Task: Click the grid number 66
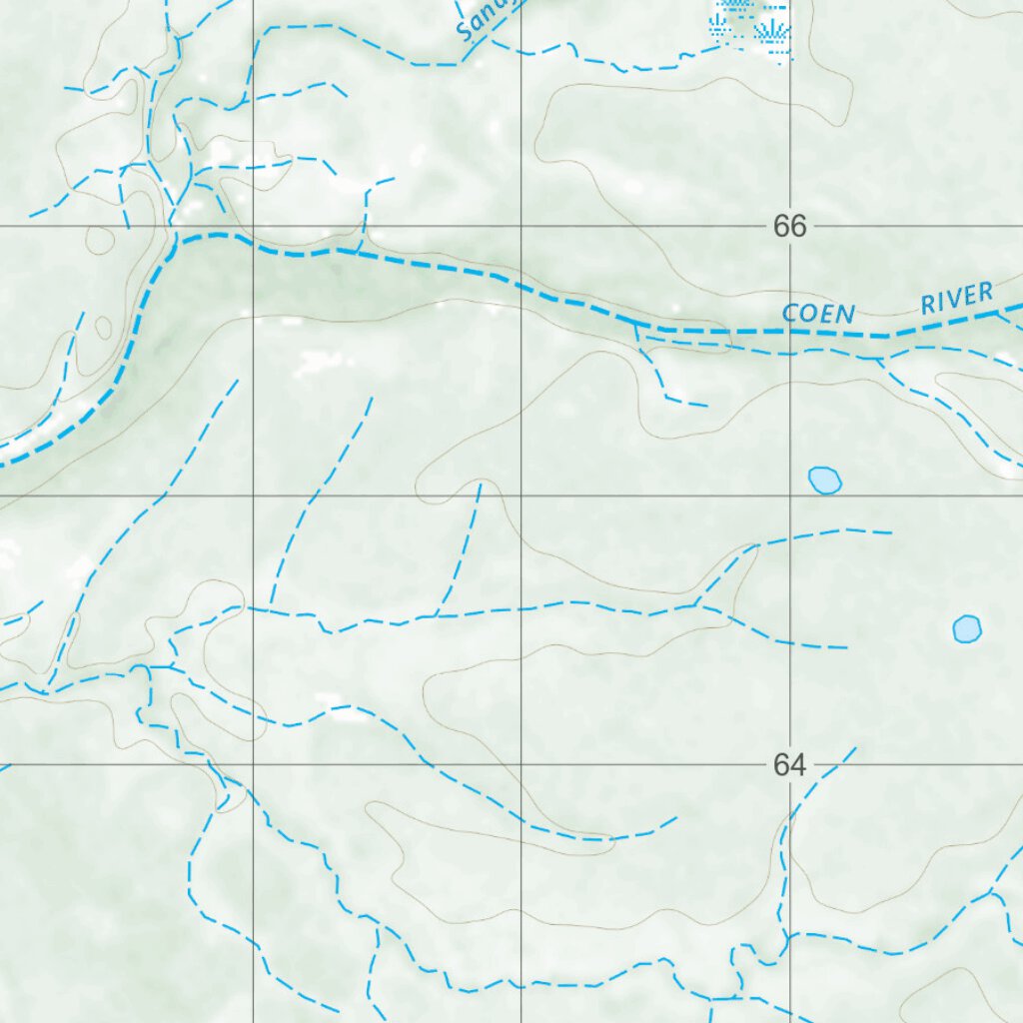788,227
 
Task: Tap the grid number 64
788,765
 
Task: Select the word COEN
819,314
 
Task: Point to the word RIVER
957,298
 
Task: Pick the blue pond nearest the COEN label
824,481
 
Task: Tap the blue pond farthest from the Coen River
966,628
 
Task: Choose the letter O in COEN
807,315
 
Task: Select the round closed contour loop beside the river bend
99,240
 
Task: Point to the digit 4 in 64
796,765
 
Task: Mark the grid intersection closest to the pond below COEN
791,496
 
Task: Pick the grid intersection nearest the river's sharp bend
253,227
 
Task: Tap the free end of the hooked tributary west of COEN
706,406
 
